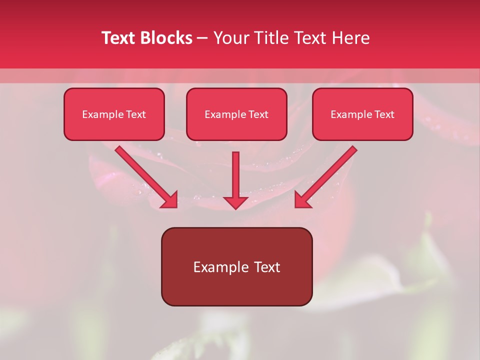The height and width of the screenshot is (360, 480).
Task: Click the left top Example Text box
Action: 114,114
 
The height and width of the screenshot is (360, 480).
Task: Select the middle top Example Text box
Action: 236,114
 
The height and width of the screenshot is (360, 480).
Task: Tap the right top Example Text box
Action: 362,114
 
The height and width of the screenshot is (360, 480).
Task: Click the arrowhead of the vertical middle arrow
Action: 235,202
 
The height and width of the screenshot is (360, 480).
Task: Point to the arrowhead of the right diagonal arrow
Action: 302,199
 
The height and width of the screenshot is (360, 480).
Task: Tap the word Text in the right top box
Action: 384,114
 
